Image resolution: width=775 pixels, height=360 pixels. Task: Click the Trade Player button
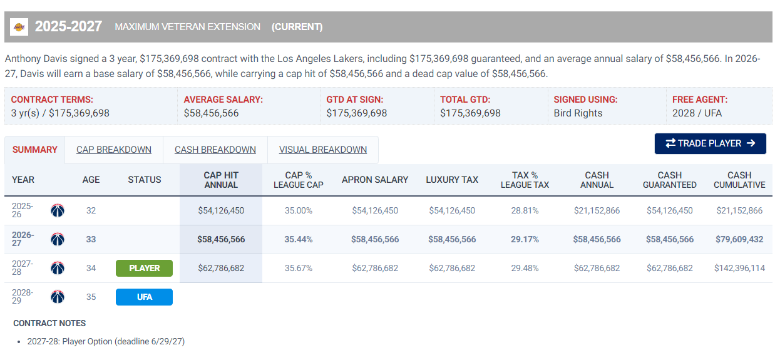710,143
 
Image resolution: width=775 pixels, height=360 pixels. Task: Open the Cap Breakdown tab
114,150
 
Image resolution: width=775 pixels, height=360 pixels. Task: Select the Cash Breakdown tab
215,150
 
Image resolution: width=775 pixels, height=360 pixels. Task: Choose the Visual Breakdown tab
323,150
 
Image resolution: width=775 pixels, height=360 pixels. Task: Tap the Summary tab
34,150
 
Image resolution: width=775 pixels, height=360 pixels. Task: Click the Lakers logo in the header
19,27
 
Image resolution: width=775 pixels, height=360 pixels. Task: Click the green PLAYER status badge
144,268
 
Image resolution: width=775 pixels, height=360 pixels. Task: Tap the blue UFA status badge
144,297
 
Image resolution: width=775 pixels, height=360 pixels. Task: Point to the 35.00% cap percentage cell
298,210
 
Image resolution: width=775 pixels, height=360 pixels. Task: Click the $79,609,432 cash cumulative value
739,239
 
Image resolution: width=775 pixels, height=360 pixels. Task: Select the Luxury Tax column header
452,180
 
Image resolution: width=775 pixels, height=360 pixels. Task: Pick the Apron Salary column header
375,180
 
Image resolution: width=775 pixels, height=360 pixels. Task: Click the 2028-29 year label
23,297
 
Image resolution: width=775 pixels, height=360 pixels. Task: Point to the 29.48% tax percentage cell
525,268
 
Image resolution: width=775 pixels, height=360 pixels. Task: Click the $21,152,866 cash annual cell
597,210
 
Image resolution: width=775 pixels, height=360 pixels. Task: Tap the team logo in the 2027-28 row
58,268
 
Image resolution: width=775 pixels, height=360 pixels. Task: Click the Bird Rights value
578,113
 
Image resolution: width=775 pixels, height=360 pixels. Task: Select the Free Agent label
700,100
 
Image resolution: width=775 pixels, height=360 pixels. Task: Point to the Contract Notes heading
49,323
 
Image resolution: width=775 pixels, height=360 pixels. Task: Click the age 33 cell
91,239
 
